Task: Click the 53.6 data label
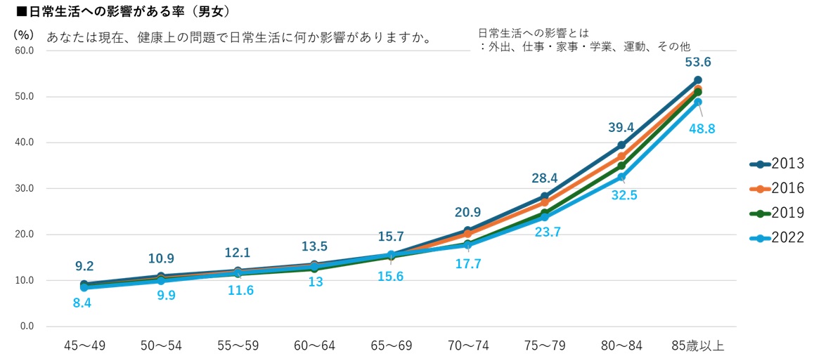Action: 697,62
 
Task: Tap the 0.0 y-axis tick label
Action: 26,326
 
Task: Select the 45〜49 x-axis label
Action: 84,345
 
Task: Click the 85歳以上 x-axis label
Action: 697,345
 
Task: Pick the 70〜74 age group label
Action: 468,345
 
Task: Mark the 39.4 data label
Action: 621,126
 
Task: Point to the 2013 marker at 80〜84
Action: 621,145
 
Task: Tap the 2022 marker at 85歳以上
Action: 697,103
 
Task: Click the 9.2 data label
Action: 84,267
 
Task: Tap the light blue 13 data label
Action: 314,282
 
